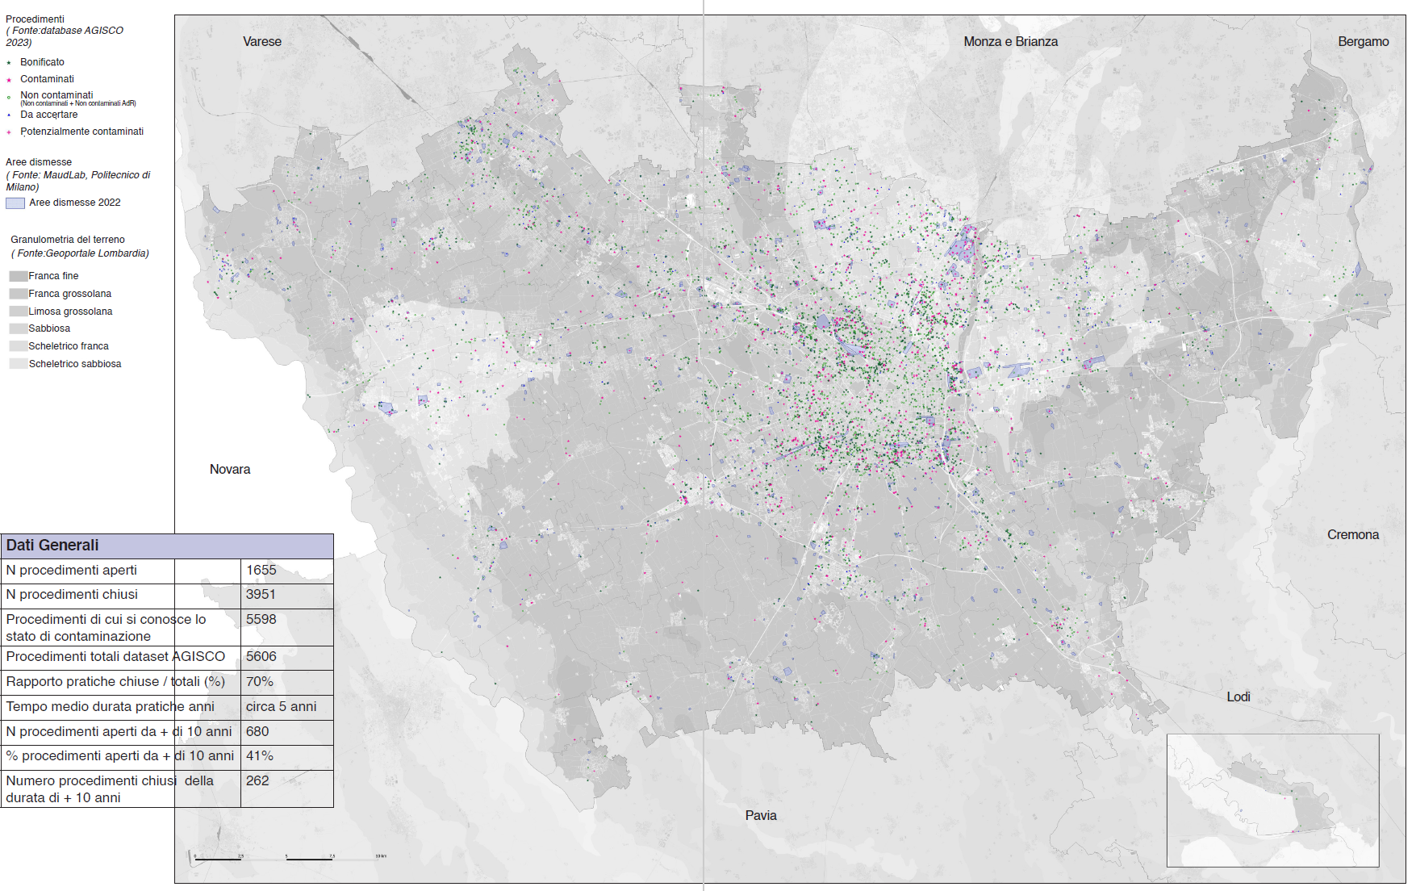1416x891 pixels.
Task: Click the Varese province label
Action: click(262, 42)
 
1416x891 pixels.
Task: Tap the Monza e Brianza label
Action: click(1010, 42)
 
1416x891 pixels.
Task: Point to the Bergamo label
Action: click(1363, 42)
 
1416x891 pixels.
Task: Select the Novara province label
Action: click(230, 470)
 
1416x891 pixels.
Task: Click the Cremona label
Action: click(1352, 535)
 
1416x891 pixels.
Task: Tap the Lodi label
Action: click(1238, 697)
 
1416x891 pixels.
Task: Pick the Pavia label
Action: click(760, 816)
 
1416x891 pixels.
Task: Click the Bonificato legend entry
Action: click(42, 62)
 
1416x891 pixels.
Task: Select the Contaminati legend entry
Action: click(47, 79)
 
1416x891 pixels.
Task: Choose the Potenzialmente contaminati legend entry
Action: click(81, 132)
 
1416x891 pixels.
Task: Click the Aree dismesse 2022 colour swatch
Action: click(15, 203)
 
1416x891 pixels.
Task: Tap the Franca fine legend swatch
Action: click(18, 276)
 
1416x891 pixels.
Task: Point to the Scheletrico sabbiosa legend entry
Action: click(74, 364)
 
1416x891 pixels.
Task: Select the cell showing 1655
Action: click(261, 571)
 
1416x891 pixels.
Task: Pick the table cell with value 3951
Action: click(261, 595)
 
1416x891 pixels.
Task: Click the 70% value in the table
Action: click(260, 682)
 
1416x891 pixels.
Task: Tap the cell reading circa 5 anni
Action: click(281, 707)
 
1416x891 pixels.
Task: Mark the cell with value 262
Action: click(258, 781)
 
